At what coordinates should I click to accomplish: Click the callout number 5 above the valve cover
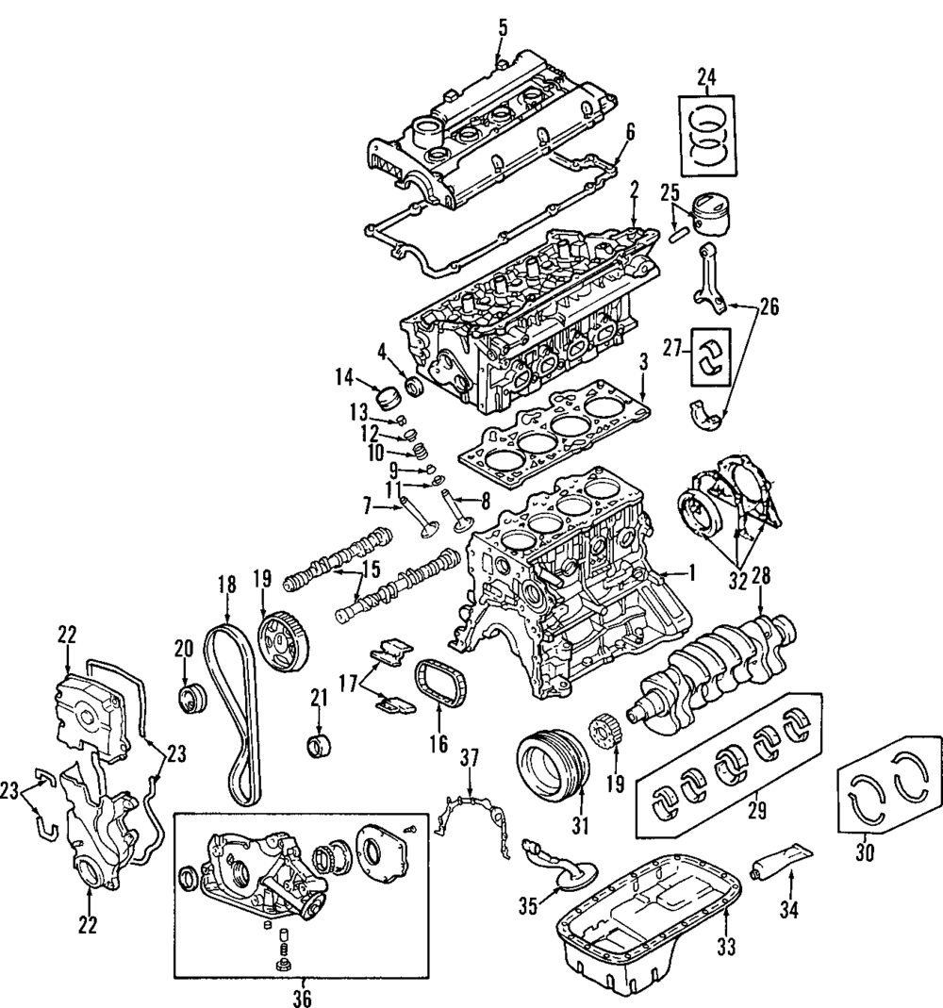pyautogui.click(x=502, y=27)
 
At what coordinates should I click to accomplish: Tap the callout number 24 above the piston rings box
pyautogui.click(x=708, y=76)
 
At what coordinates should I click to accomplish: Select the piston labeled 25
pyautogui.click(x=714, y=218)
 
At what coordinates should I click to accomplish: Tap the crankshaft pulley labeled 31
pyautogui.click(x=553, y=769)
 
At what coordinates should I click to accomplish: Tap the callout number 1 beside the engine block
pyautogui.click(x=691, y=570)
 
